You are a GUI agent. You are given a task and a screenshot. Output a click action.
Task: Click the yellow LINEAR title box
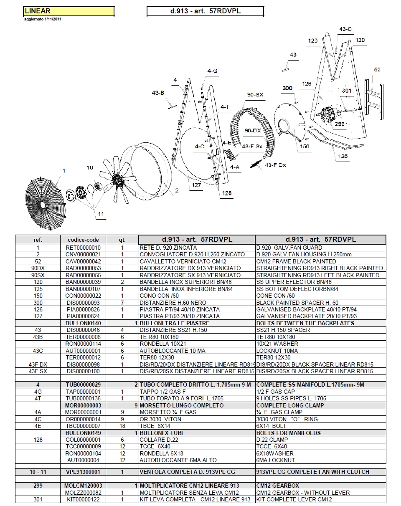point(69,11)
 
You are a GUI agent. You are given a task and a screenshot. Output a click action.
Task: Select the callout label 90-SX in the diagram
point(255,95)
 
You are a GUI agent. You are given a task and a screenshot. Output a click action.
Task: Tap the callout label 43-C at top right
point(345,29)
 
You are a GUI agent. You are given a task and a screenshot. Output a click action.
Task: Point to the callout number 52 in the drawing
point(377,70)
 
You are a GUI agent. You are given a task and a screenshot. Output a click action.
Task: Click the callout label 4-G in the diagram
point(212,71)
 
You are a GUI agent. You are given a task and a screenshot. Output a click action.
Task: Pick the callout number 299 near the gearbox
point(339,124)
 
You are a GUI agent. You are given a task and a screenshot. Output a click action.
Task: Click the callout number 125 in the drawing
point(343,157)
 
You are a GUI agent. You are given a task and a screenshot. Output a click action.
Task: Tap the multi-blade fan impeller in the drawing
point(117,179)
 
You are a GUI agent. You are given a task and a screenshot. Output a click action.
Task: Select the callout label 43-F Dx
point(275,165)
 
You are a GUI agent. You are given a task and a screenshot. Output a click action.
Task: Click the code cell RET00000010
point(83,248)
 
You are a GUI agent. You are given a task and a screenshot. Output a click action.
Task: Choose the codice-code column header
point(83,240)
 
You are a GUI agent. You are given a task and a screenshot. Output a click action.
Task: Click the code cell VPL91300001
point(83,472)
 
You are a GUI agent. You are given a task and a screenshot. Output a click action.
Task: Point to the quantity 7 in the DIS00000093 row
point(122,303)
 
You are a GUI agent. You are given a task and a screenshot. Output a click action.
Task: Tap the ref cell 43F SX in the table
point(38,371)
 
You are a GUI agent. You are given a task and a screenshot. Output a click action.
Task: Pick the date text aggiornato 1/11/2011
point(43,19)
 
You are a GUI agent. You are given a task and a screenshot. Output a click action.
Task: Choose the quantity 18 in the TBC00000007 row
point(122,426)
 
